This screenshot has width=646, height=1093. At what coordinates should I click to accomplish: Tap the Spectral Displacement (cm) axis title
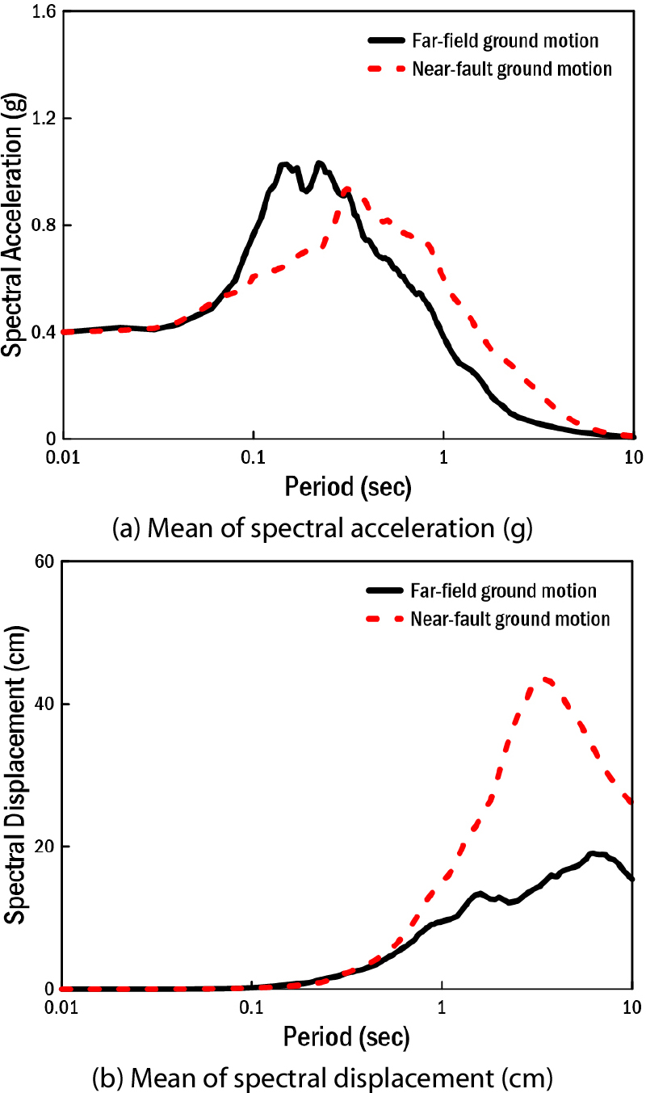coord(15,776)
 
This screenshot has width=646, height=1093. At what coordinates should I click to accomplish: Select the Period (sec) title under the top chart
coord(347,487)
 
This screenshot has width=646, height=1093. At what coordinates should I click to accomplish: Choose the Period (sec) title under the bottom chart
coord(347,1035)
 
